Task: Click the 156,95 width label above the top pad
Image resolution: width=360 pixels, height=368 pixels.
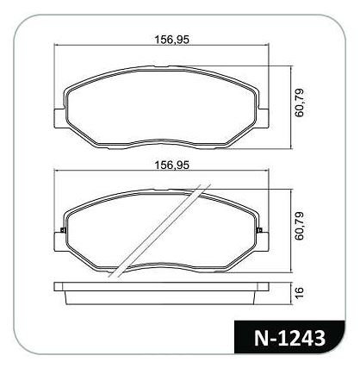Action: [172, 40]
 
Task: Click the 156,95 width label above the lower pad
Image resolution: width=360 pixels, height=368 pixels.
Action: [172, 165]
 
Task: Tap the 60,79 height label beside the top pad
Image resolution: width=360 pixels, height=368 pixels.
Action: [299, 103]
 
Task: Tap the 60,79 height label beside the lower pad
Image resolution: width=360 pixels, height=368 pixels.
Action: [299, 226]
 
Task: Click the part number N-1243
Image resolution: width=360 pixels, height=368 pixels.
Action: [289, 338]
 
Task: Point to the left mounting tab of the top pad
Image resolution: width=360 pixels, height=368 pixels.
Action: [59, 118]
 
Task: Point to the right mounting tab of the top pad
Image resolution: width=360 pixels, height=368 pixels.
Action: [264, 118]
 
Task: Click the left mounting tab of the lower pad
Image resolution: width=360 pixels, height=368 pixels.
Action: [59, 242]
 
